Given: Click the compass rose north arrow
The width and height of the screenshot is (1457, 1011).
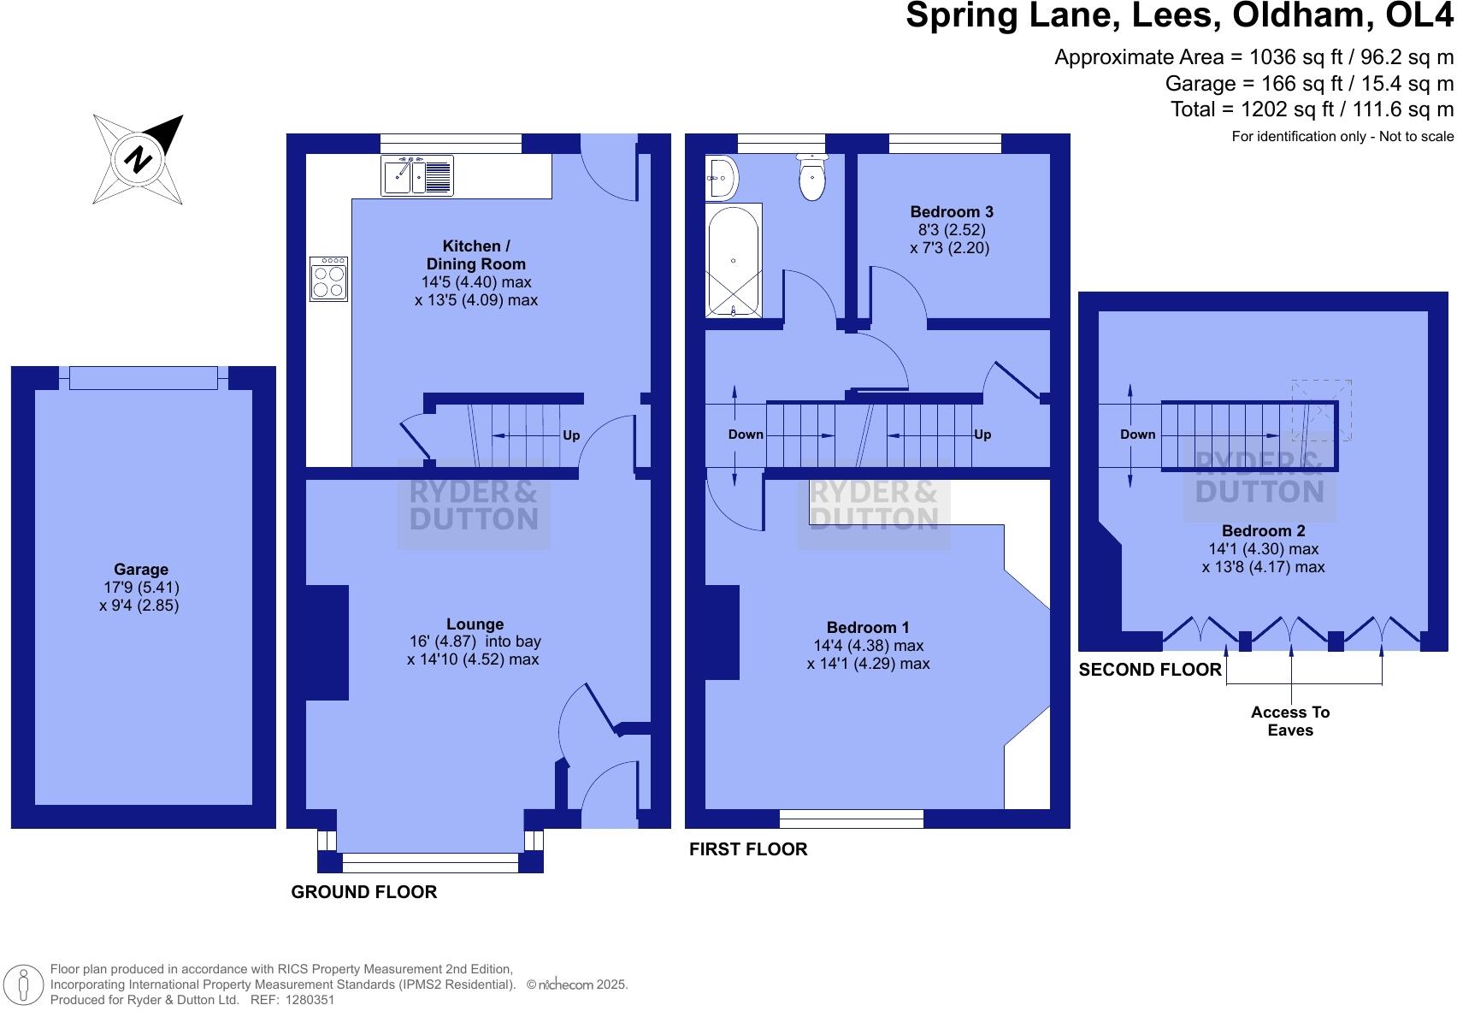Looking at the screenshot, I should coord(139,159).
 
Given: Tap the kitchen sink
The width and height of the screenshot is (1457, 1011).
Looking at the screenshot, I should coord(416,175).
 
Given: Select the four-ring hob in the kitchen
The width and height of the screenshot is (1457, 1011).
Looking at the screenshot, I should coord(328,279).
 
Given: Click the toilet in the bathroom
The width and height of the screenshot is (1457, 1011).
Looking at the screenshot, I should coord(811,178).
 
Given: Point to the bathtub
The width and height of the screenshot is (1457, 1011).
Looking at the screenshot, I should coord(733,259).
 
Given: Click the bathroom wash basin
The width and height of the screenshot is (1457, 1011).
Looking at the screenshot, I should coord(720,178).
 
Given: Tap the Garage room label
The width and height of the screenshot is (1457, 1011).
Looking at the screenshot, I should coord(141,570).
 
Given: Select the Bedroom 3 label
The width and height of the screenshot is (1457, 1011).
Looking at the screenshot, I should coord(951,212).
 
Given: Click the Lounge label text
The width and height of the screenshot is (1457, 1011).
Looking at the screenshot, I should coord(475,624).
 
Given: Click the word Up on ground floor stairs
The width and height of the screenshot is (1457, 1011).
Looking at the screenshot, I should coord(571,435).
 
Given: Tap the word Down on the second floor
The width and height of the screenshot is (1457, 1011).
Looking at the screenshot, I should coord(1137,435).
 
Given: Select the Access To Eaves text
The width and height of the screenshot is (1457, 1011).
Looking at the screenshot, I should coord(1289,721).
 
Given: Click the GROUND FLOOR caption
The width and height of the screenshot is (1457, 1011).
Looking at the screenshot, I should coord(364,892).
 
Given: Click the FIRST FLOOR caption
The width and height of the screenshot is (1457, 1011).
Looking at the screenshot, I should coord(748,849).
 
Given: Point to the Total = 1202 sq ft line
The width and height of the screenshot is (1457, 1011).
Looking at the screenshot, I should coord(1312,109).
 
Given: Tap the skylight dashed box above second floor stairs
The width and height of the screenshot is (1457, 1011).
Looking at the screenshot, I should coord(1322,410).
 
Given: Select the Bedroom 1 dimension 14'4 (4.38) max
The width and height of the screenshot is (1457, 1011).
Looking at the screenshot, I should coord(868,646).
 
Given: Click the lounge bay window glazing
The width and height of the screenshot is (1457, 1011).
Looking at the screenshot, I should coord(429,862).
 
